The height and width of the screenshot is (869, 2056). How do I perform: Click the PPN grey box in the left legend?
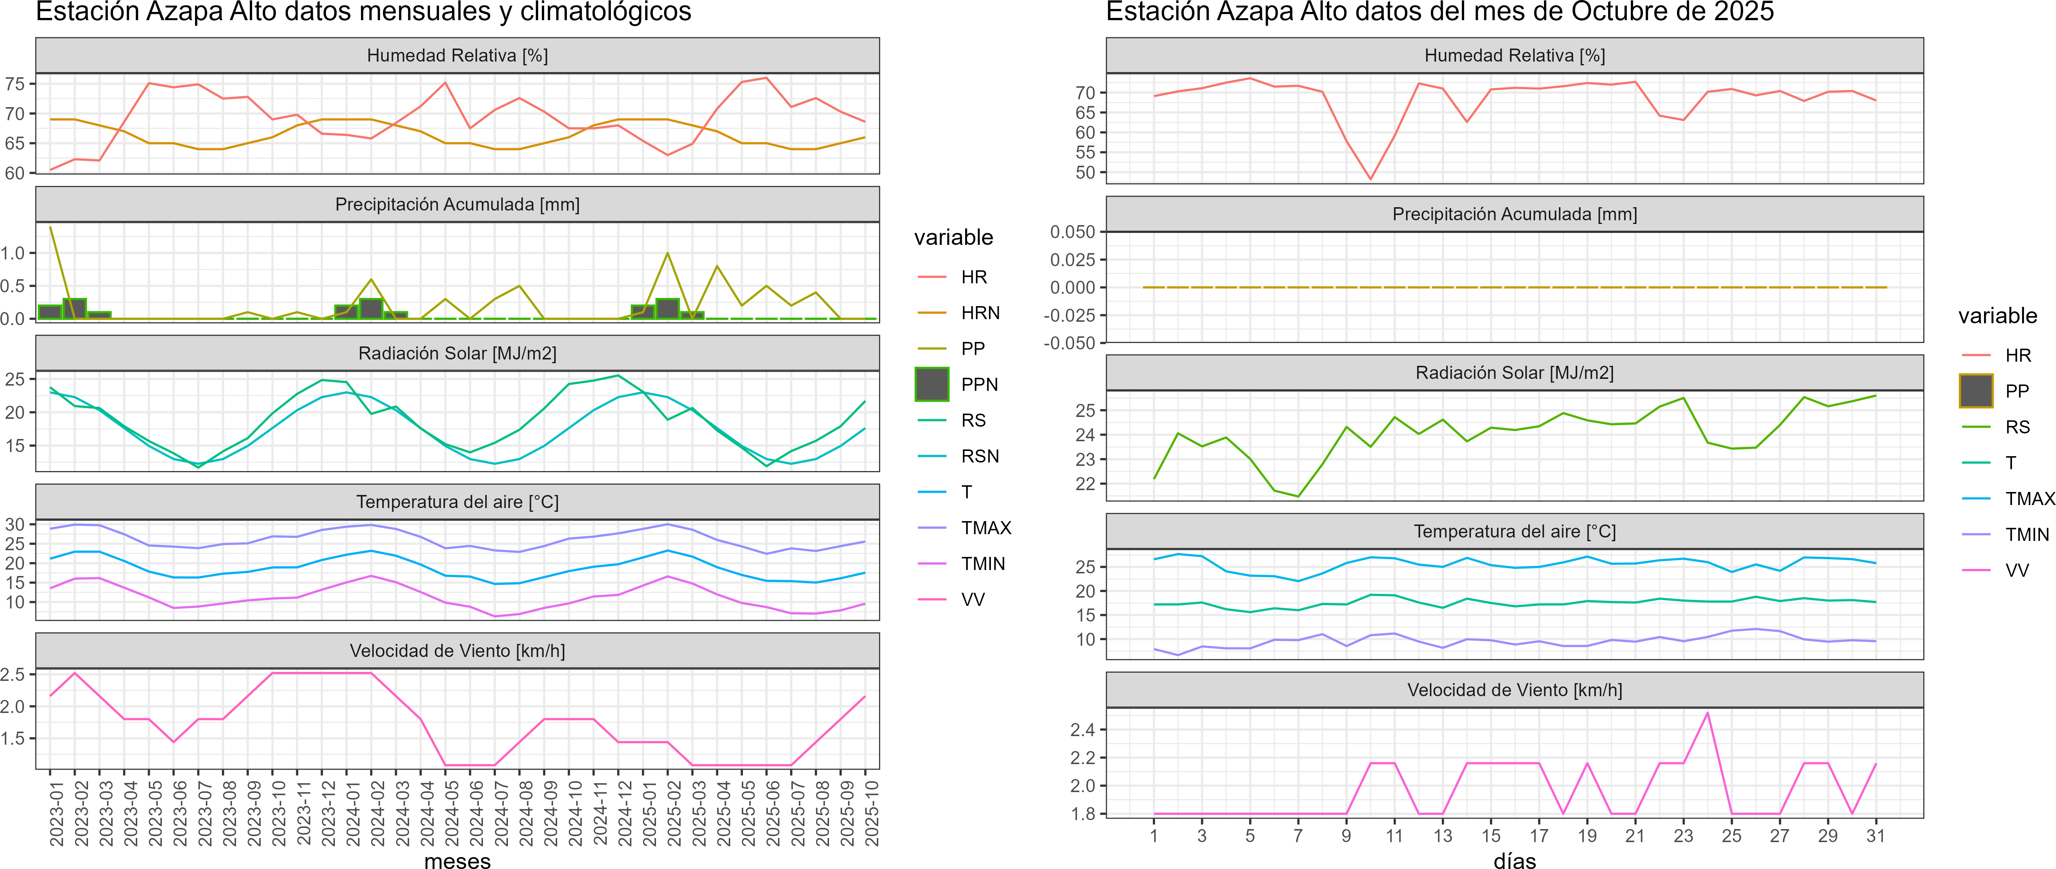[932, 384]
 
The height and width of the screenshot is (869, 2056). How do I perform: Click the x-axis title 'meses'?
[457, 860]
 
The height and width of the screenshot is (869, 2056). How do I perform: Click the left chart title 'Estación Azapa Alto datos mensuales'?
[363, 12]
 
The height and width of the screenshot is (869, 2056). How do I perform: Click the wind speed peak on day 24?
[1707, 713]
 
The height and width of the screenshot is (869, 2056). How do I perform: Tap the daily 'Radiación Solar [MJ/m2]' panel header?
[1514, 373]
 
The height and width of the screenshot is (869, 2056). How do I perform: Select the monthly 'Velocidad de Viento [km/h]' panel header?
[457, 651]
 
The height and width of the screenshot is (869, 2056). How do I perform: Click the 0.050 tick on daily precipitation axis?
[1073, 232]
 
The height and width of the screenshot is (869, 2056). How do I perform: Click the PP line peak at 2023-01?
[50, 228]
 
